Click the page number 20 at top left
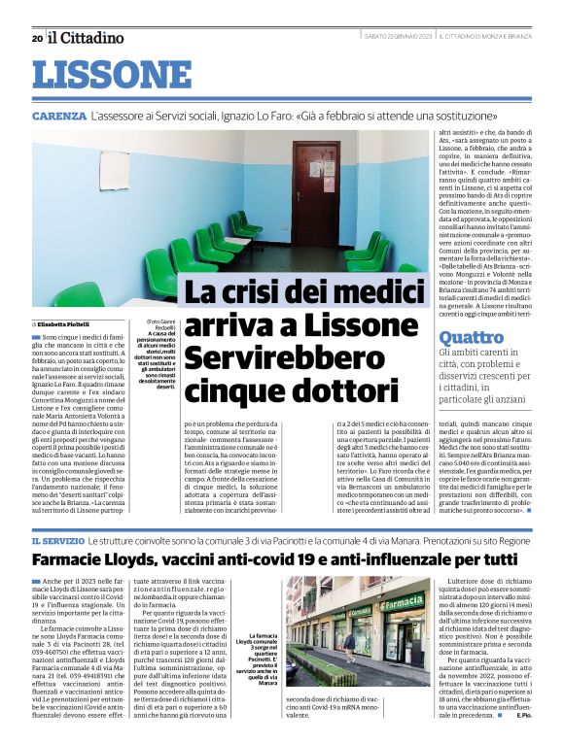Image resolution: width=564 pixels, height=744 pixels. coord(37,38)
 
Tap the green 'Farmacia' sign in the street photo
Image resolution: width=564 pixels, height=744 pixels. coord(402,602)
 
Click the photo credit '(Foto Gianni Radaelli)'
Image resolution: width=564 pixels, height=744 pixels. coord(160,323)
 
